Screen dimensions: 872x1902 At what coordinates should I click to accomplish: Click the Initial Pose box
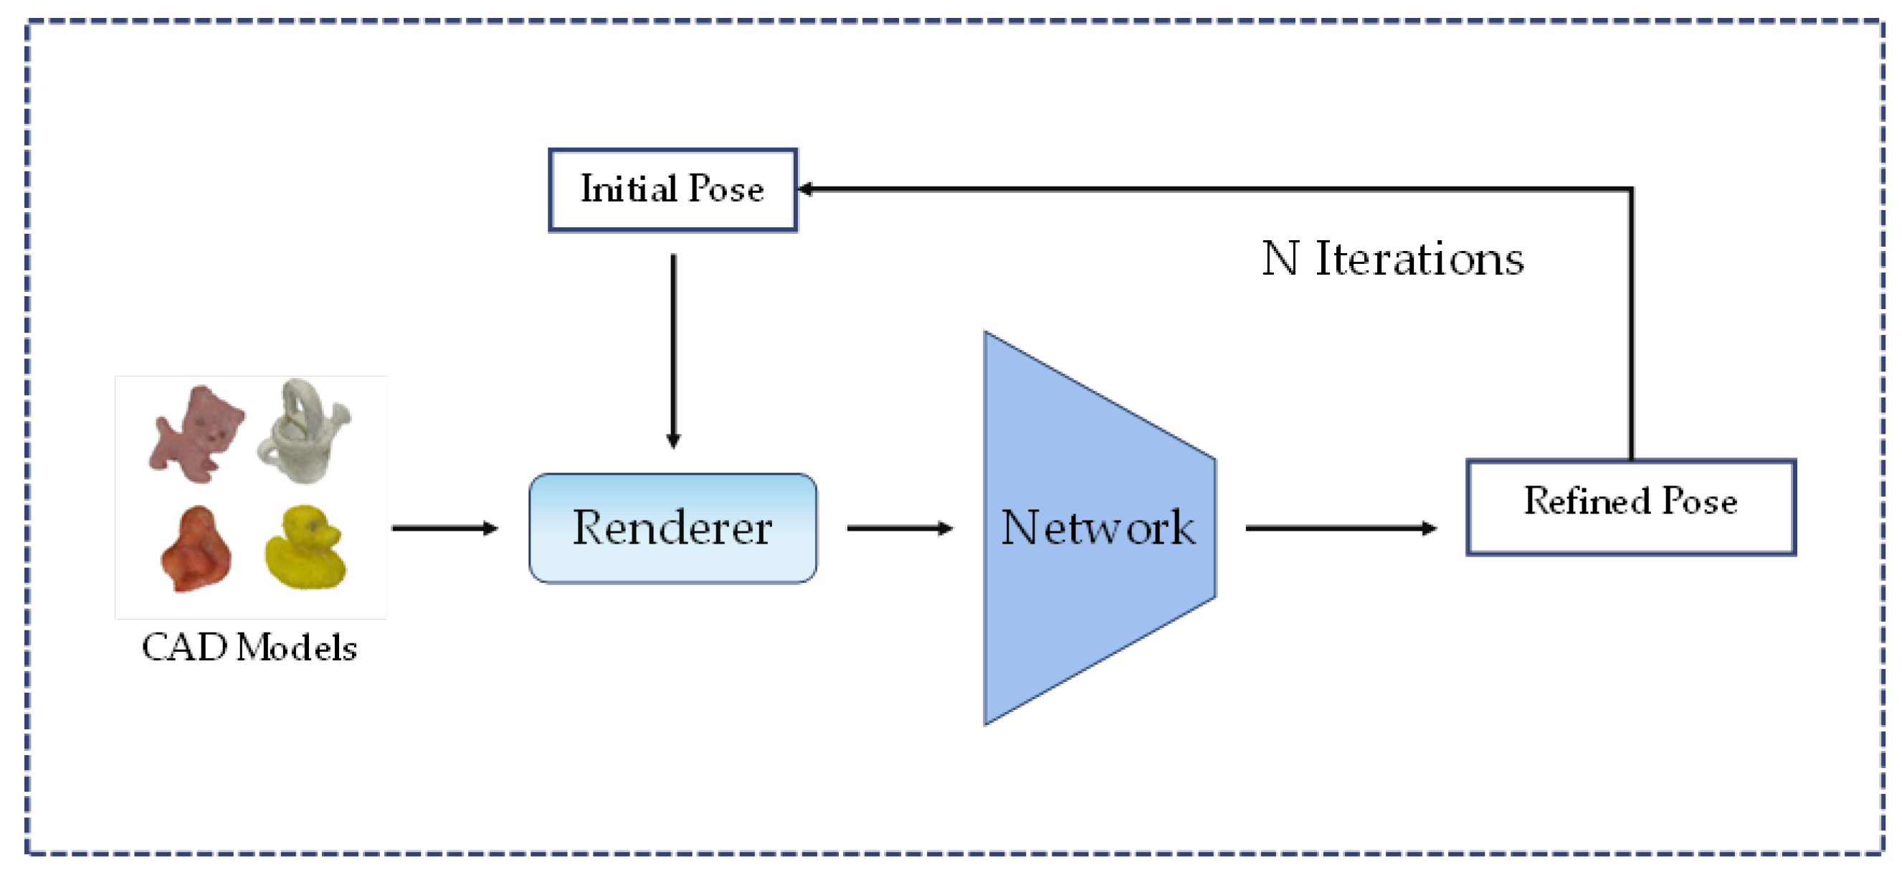tap(672, 190)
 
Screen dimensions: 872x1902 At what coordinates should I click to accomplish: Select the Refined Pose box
tap(1630, 506)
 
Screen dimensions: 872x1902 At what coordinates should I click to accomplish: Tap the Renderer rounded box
tap(672, 528)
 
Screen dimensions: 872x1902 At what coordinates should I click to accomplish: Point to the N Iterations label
tap(1392, 259)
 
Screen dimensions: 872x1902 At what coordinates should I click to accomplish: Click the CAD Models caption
tap(249, 648)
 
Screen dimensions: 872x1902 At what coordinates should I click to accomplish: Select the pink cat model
tap(195, 433)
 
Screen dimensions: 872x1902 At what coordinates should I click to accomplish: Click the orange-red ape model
tap(196, 549)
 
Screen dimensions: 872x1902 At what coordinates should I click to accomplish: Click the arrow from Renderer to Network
tap(899, 528)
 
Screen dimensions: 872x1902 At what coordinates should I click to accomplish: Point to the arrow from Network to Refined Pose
tap(1340, 528)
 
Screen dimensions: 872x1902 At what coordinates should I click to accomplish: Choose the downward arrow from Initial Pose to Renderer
tap(672, 351)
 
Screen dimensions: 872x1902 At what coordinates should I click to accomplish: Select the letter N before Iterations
tap(1280, 259)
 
